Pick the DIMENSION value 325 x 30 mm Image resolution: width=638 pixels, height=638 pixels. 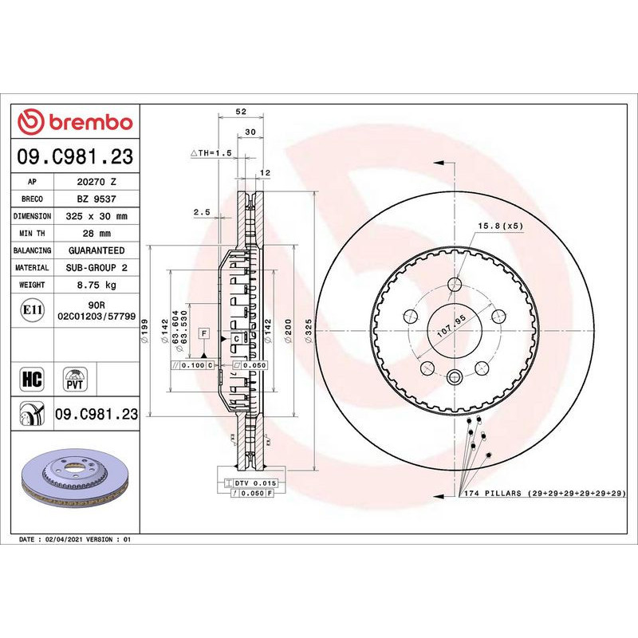[96, 216]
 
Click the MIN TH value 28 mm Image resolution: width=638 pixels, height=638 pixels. [96, 234]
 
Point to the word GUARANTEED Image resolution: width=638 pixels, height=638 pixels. [96, 250]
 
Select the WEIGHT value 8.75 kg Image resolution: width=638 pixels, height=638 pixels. [96, 285]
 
